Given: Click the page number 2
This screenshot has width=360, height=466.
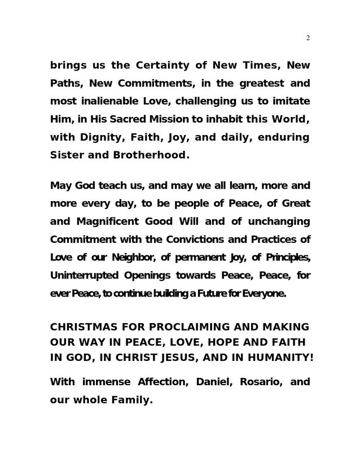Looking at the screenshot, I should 308,38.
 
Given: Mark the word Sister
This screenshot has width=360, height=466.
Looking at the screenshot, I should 66,155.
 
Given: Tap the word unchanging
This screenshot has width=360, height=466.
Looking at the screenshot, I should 278,221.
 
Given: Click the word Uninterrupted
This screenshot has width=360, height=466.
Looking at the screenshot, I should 84,276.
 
